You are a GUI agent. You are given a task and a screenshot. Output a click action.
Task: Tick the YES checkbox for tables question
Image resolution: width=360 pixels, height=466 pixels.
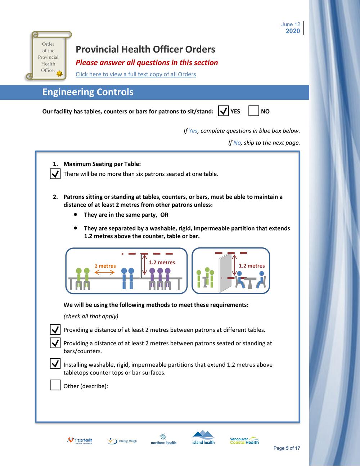click(223, 111)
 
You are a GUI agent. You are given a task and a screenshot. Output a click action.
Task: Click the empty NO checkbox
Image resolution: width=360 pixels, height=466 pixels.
click(254, 111)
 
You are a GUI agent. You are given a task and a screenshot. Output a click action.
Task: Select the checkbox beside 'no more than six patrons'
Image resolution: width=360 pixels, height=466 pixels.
click(55, 174)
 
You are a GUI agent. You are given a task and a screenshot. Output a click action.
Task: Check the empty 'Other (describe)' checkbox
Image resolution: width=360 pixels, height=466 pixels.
click(55, 385)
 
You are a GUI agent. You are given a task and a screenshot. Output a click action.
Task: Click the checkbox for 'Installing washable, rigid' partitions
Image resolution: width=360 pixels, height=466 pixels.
click(55, 363)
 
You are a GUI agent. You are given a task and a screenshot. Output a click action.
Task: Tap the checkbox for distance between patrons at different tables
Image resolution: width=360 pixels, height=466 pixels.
click(55, 329)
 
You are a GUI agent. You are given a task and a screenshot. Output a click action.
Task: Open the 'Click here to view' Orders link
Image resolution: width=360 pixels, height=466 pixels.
click(136, 74)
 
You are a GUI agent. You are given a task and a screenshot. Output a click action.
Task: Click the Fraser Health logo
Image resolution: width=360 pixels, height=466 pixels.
click(80, 440)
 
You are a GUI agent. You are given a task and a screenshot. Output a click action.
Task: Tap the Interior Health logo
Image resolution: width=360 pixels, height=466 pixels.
click(122, 441)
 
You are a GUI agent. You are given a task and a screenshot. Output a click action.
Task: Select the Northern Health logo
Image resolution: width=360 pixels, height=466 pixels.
click(163, 439)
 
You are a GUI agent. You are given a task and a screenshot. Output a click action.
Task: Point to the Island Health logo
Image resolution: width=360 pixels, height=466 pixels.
click(203, 437)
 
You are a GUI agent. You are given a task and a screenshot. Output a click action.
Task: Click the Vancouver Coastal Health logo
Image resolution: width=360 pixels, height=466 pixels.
click(244, 440)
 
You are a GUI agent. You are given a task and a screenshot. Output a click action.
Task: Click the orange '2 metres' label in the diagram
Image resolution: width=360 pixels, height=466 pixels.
click(105, 266)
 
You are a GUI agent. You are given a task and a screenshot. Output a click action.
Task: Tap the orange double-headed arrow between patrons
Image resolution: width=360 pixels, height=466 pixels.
click(104, 273)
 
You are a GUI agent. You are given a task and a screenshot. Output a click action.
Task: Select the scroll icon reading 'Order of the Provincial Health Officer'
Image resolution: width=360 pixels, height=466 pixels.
click(48, 56)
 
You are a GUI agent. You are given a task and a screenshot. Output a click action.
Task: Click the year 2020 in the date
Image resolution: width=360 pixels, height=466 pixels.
click(293, 31)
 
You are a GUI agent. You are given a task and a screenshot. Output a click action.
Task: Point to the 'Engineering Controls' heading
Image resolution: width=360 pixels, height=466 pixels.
click(88, 92)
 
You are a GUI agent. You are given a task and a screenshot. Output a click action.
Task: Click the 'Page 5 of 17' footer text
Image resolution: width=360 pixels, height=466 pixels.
click(287, 448)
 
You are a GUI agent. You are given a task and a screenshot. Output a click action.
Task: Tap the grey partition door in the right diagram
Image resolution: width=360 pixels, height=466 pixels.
click(225, 272)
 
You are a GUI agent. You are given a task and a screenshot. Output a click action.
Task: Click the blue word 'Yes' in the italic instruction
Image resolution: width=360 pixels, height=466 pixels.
click(193, 131)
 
